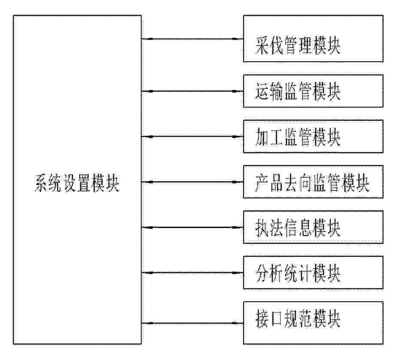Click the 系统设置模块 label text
77,183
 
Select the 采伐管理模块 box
313,39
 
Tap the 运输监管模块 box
313,91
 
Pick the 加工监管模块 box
313,136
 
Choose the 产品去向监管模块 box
313,182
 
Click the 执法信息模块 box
313,227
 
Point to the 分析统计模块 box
313,273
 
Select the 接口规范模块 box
313,323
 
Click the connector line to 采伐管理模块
192,39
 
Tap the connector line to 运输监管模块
192,91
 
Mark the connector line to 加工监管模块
192,136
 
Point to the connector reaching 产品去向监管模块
192,182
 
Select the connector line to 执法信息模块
192,227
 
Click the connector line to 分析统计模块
192,273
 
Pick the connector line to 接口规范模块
192,323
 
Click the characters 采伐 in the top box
269,46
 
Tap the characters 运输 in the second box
269,91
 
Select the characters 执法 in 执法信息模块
269,228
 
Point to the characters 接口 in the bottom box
269,319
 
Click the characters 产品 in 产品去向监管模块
269,183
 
